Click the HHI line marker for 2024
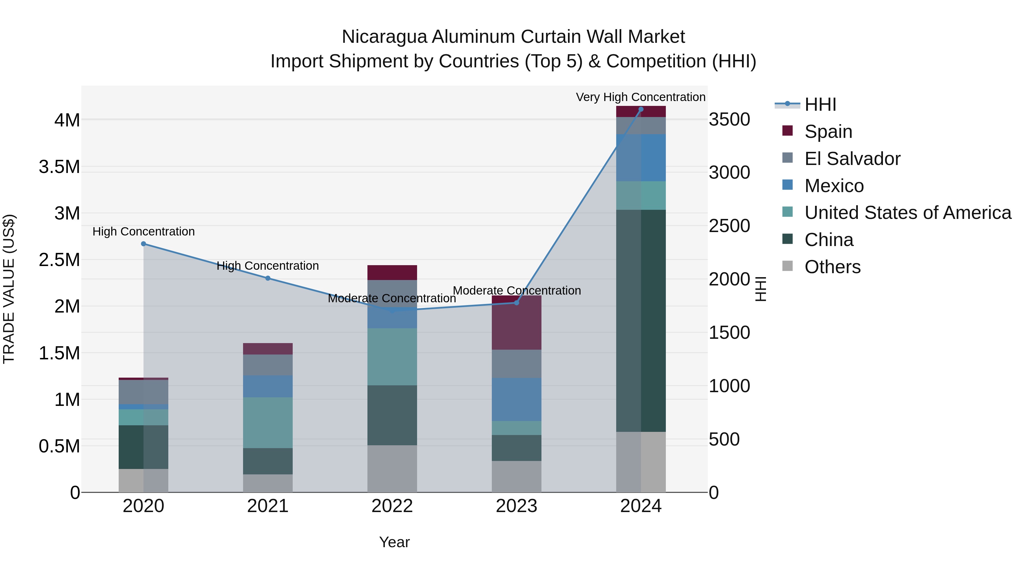[x=641, y=109]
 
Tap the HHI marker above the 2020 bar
[x=143, y=244]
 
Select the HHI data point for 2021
[x=268, y=278]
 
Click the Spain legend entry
[x=828, y=132]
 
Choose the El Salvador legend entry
[x=852, y=159]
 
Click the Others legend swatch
[x=787, y=266]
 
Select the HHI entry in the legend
[x=820, y=104]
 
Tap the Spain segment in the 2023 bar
[x=516, y=323]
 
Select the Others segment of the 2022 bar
[x=392, y=469]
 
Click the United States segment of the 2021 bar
[x=268, y=422]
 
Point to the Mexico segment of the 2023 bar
[x=516, y=399]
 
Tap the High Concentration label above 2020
[x=143, y=231]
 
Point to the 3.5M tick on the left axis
[x=59, y=167]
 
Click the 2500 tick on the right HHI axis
[x=729, y=226]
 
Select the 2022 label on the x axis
[x=392, y=506]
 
